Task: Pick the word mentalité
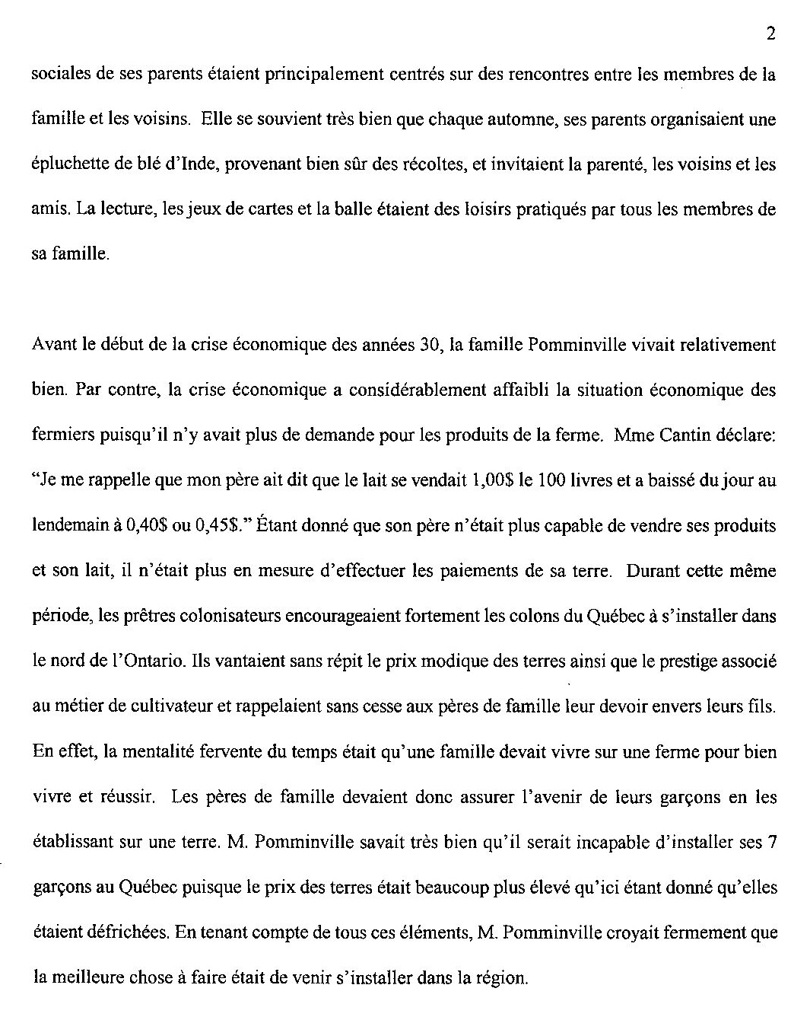[170, 752]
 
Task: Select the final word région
[503, 978]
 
